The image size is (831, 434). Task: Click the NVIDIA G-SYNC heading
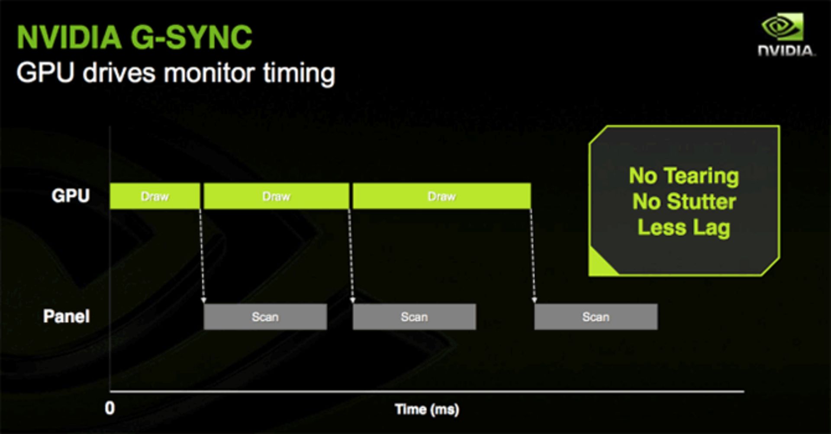[134, 37]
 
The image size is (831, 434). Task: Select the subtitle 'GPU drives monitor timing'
[175, 73]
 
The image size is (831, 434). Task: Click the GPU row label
[71, 196]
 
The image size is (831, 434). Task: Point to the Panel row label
[66, 316]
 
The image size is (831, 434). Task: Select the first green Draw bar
[155, 196]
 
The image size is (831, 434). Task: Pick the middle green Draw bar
[276, 196]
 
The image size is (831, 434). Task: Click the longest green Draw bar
[441, 196]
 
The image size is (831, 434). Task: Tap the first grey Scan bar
[265, 317]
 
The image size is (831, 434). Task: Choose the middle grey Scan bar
[414, 317]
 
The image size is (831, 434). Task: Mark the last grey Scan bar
[596, 317]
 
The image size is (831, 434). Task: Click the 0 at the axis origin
[110, 408]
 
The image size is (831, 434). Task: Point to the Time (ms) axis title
[427, 409]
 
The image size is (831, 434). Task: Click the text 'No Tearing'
[684, 176]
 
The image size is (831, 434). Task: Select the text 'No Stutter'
[684, 202]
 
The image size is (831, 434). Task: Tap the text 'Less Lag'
[684, 228]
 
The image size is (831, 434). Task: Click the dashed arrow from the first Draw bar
[202, 255]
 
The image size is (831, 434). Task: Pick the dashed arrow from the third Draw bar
[533, 255]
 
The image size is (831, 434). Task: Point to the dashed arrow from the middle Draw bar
[351, 255]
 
